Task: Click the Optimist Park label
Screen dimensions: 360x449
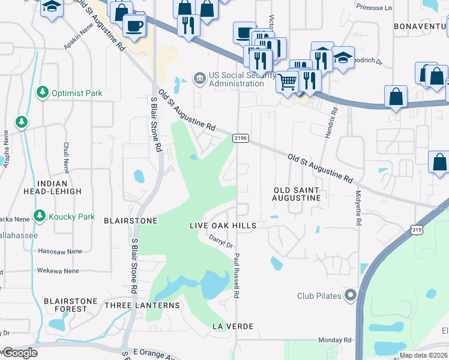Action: coord(77,93)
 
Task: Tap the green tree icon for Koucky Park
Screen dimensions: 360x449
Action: coord(40,215)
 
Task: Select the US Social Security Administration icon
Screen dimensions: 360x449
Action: coord(199,78)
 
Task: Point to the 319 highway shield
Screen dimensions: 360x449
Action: coord(416,229)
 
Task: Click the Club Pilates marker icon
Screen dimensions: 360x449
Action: coord(351,295)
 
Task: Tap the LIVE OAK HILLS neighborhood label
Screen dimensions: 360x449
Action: coord(223,226)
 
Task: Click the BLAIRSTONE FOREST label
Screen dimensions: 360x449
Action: coord(67,305)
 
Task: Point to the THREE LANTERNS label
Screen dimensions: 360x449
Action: coord(142,305)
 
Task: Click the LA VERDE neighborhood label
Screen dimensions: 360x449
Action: coord(233,326)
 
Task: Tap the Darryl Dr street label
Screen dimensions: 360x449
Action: coord(220,241)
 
